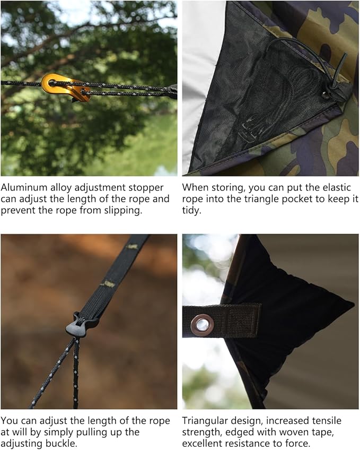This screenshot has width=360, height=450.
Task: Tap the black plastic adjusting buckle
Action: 81,324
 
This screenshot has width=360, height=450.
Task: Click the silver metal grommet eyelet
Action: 201,324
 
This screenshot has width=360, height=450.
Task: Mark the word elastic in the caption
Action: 335,188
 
